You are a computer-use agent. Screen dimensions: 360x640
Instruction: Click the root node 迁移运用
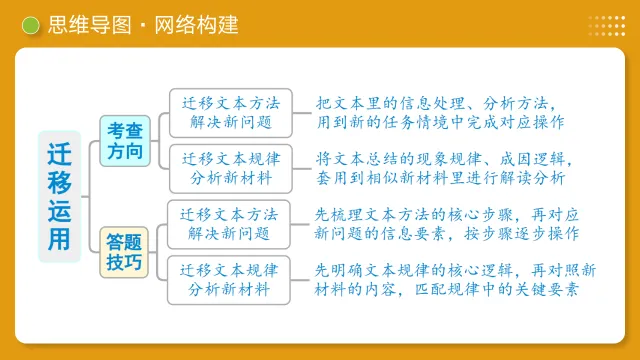59,196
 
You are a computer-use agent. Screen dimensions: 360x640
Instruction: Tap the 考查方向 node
126,140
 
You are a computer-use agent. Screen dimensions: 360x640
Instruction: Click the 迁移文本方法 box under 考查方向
231,113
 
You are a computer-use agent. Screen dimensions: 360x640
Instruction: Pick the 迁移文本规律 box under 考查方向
231,168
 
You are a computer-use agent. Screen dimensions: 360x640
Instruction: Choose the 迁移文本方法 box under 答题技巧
229,223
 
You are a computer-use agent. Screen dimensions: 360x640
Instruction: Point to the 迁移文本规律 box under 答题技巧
229,279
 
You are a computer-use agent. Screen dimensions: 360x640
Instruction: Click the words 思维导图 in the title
87,25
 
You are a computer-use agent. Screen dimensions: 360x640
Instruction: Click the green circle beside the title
31,26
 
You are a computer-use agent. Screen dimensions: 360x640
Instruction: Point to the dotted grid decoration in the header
606,25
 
